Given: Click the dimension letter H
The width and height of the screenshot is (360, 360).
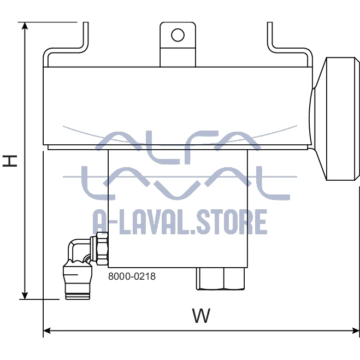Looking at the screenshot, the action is (x=10, y=161).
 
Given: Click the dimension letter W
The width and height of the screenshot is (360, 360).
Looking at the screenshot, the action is (x=201, y=316).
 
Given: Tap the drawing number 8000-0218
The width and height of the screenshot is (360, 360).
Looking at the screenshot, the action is (x=132, y=276).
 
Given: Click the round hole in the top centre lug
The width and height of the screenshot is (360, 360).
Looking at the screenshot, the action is (x=178, y=35).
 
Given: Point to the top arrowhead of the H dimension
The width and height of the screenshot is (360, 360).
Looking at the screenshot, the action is (x=25, y=26).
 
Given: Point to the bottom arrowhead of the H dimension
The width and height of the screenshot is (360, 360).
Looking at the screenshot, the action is (x=25, y=296).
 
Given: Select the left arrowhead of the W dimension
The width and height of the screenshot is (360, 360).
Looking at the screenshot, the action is (x=47, y=331).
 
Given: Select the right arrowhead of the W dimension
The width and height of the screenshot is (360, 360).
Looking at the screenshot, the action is (x=356, y=331).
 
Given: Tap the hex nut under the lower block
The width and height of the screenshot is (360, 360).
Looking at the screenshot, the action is (x=220, y=279).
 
